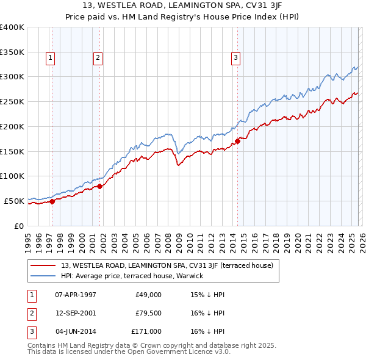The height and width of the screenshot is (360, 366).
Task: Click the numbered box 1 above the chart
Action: tap(50, 59)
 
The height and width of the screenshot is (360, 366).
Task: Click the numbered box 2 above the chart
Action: tap(98, 59)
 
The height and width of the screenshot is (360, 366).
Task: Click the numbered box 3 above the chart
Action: tap(235, 59)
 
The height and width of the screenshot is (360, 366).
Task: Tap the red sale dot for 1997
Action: tap(52, 201)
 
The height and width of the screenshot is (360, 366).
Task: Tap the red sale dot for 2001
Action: tap(100, 186)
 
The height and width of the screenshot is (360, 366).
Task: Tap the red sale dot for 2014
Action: tap(237, 140)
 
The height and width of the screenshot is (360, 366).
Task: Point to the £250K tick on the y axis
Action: tap(12, 102)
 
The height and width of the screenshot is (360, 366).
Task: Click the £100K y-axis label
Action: tap(12, 176)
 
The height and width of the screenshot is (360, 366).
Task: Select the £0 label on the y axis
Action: tap(18, 226)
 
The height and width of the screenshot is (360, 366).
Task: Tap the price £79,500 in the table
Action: tap(149, 313)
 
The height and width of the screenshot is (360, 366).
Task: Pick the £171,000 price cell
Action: tap(147, 331)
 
